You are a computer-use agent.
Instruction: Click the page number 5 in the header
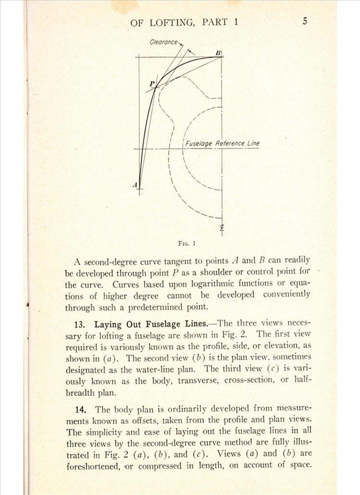tap(306, 20)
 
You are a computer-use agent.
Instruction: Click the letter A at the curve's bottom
tap(134, 184)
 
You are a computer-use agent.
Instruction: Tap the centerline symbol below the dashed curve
tap(221, 229)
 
